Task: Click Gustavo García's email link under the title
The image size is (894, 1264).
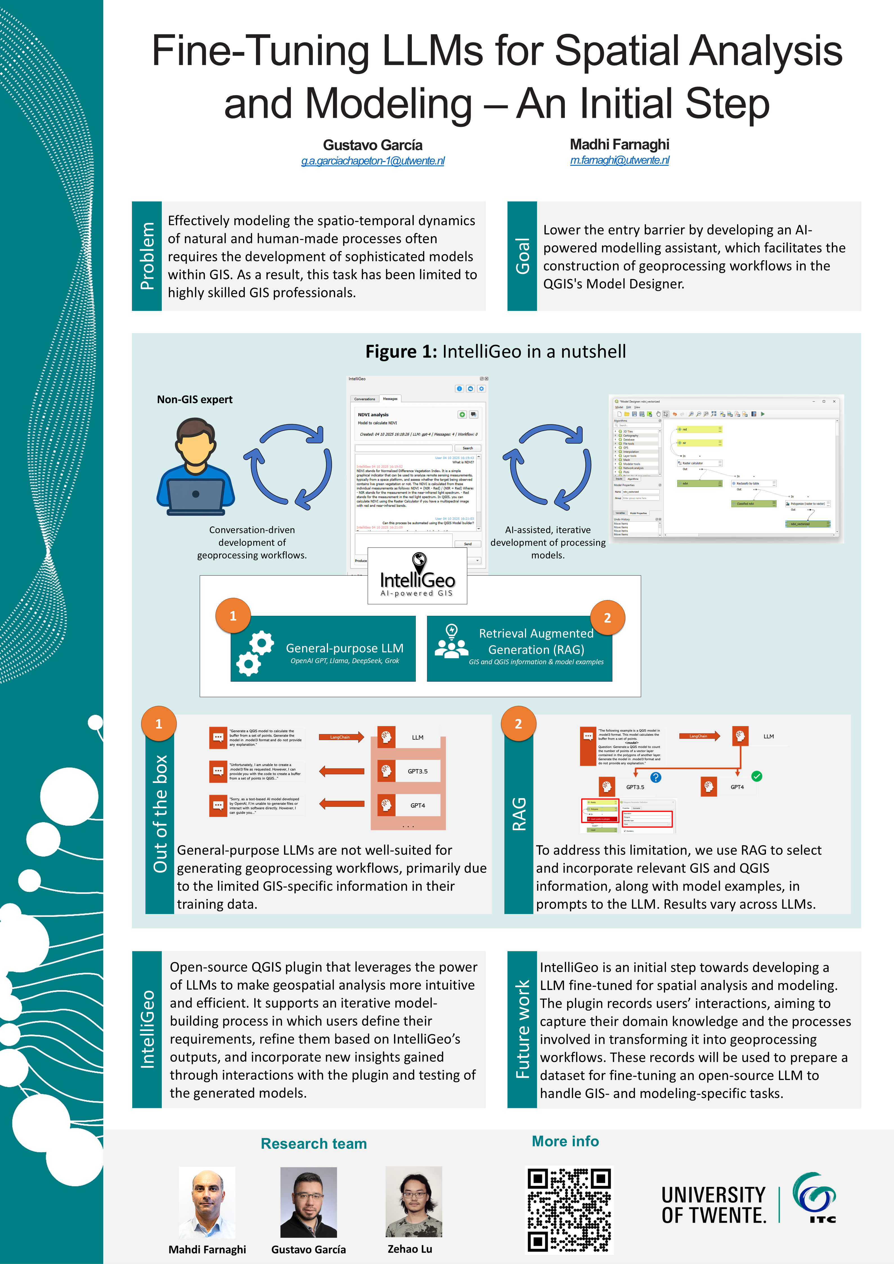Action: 373,161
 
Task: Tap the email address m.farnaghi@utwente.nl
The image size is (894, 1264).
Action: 619,160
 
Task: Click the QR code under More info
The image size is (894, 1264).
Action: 570,1210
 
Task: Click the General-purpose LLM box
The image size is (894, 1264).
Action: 323,648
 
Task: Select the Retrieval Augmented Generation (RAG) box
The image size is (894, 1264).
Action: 520,648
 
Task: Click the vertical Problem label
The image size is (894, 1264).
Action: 147,256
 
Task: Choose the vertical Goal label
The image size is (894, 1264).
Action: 522,256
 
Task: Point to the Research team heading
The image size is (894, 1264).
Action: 314,1143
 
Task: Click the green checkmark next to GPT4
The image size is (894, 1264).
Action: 757,776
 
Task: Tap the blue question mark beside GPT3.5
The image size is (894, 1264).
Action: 656,777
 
